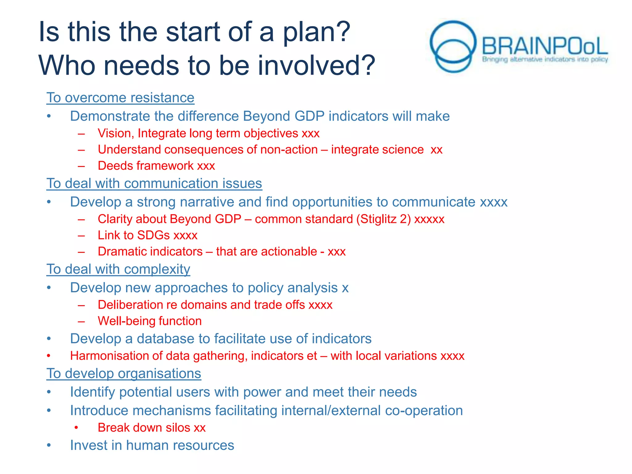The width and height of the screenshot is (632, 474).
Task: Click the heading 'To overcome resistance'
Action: tap(120, 98)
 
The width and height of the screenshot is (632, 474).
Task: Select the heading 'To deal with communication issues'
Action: tap(154, 184)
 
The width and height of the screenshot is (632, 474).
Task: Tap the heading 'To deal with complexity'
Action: tap(118, 269)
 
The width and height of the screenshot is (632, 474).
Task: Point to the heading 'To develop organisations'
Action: tap(124, 374)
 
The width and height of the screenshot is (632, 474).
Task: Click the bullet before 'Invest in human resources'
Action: tap(49, 445)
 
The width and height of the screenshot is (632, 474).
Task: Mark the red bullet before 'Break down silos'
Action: tap(76, 428)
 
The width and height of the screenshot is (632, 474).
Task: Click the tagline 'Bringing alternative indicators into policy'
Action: tap(545, 59)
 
